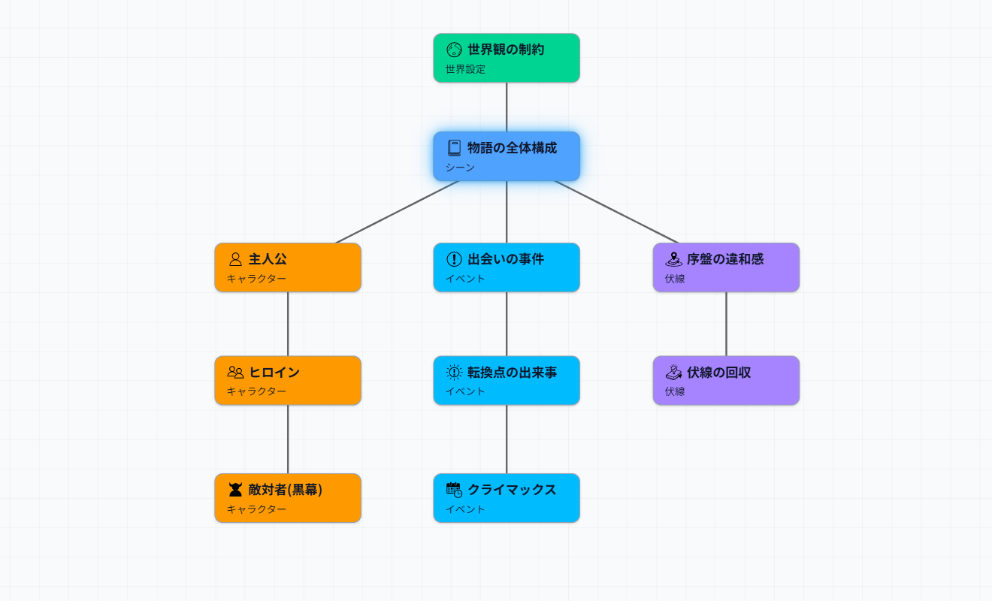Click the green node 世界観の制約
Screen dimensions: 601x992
coord(507,58)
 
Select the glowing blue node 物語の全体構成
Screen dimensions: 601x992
coord(507,156)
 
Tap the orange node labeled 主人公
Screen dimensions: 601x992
coord(288,267)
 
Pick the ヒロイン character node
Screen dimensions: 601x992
coord(288,380)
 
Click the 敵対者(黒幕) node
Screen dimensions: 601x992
coord(288,498)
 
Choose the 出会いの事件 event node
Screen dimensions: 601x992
coord(507,267)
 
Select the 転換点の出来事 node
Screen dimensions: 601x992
coord(507,380)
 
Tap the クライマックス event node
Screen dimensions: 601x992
coord(507,498)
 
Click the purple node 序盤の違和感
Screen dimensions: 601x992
coord(726,267)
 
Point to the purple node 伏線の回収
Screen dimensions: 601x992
coord(726,380)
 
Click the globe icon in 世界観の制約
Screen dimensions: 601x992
coord(454,50)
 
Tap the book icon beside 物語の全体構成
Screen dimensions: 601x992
coord(454,148)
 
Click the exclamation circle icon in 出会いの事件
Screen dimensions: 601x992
coord(454,259)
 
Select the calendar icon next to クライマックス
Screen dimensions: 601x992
coord(454,490)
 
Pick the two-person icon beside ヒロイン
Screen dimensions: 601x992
coord(235,372)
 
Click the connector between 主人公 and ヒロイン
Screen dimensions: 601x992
coord(288,324)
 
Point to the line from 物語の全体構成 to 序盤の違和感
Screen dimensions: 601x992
coord(616,212)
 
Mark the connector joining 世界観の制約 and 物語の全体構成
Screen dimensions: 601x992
coord(507,107)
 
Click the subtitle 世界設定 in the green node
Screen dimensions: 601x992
coord(465,69)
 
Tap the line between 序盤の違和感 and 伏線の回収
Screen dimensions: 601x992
coord(726,324)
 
